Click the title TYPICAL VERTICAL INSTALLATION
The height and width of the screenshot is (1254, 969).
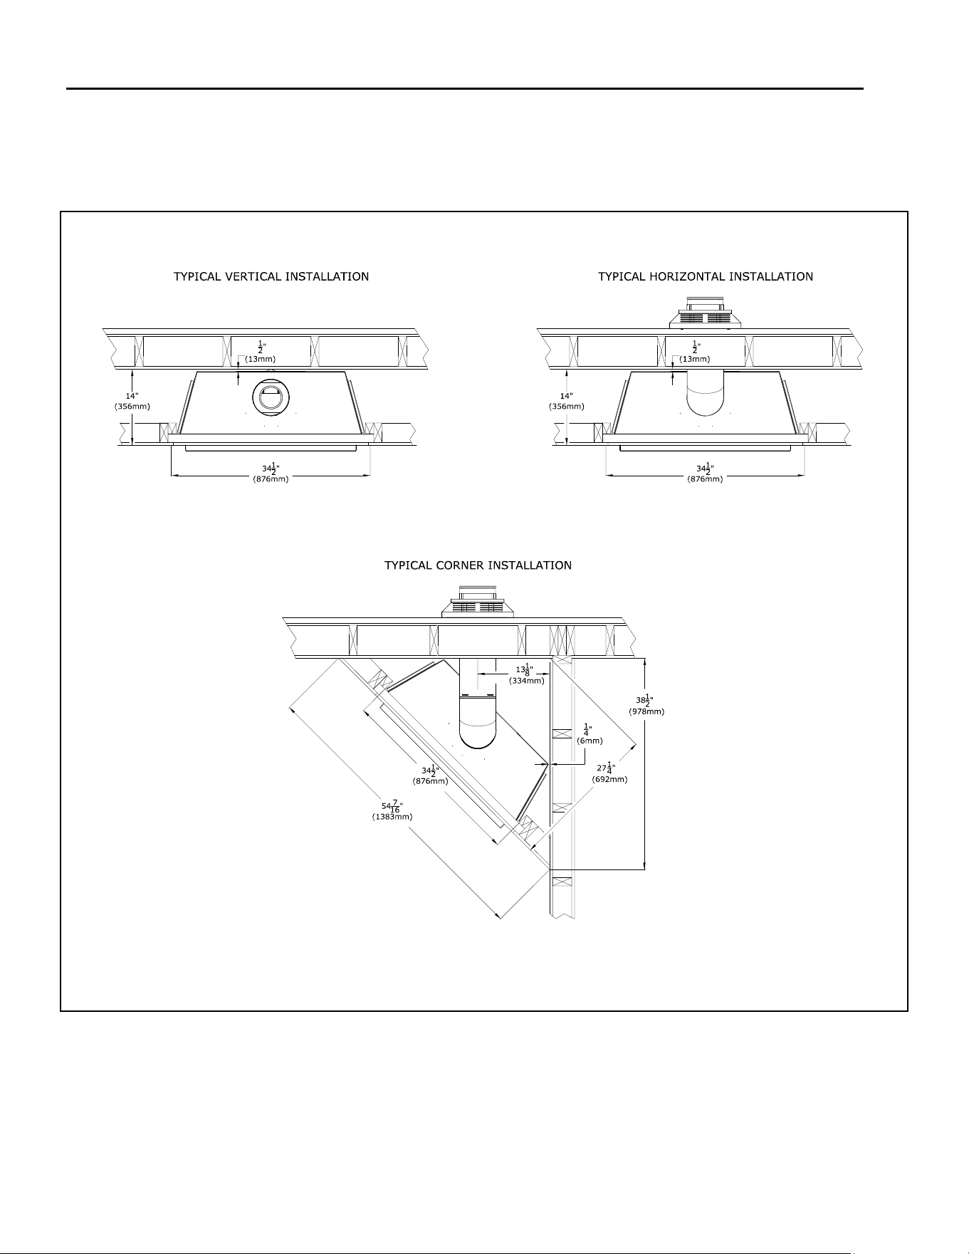(x=271, y=276)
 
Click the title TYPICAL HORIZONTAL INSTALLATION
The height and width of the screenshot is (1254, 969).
(x=706, y=276)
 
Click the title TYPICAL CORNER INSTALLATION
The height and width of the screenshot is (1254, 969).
(x=478, y=565)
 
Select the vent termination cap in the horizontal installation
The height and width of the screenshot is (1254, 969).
(x=706, y=313)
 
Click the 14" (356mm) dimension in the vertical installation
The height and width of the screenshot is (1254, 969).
(x=132, y=401)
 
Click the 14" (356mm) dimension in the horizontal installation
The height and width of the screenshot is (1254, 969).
(x=567, y=401)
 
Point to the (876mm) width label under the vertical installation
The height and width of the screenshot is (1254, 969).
(x=271, y=479)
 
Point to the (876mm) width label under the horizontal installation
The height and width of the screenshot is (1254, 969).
(x=706, y=479)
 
